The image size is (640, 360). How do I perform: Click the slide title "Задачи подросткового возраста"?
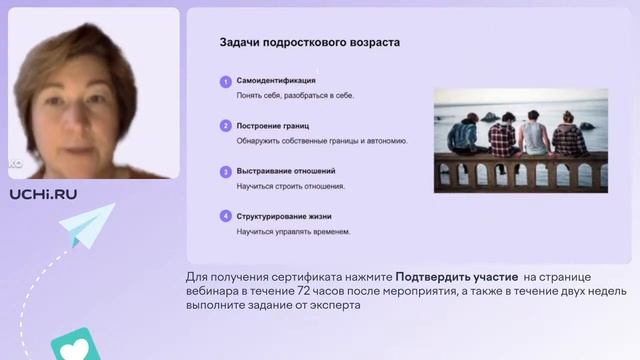coord(310,43)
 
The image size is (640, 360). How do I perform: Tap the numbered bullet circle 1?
coord(225,80)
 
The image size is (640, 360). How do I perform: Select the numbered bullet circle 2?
coord(225,126)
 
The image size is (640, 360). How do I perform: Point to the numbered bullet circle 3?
coord(225,171)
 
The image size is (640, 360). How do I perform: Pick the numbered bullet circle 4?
coord(225,216)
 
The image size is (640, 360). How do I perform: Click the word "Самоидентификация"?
coord(276,80)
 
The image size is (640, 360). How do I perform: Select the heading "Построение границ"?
coord(273,126)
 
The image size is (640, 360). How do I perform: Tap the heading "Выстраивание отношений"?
coord(286,171)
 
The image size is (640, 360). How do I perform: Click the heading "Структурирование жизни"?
coord(284,216)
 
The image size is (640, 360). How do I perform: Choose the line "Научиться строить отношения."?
coord(291,187)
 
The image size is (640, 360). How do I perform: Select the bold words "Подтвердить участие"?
coord(456,276)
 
